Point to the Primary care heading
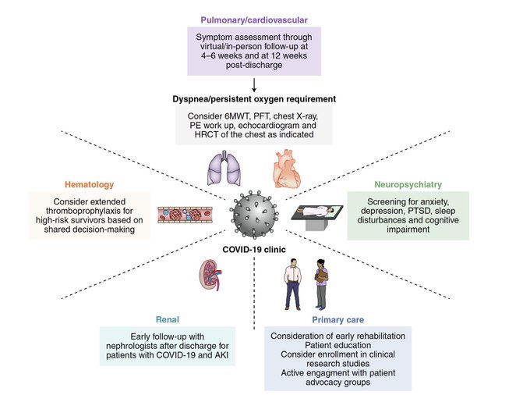pyautogui.click(x=337, y=319)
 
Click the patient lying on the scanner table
pyautogui.click(x=317, y=212)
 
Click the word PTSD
pyautogui.click(x=419, y=211)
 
